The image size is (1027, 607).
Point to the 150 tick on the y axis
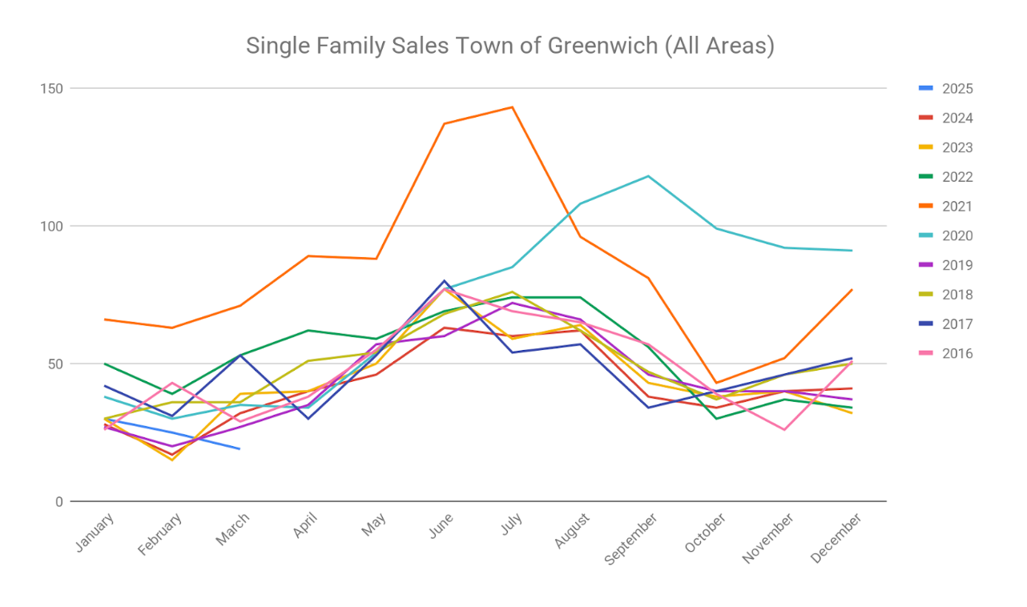pyautogui.click(x=52, y=88)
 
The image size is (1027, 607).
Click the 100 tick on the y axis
pyautogui.click(x=52, y=226)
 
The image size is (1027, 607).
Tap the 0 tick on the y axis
pyautogui.click(x=58, y=502)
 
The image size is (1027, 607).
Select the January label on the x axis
pyautogui.click(x=95, y=533)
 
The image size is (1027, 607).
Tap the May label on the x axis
pyautogui.click(x=374, y=525)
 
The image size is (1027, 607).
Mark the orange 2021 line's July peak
pyautogui.click(x=512, y=107)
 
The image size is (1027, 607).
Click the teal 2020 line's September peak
pyautogui.click(x=648, y=176)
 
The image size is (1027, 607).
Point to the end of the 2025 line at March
pyautogui.click(x=240, y=449)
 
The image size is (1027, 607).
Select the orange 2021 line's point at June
pyautogui.click(x=444, y=124)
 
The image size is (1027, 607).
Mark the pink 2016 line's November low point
pyautogui.click(x=784, y=430)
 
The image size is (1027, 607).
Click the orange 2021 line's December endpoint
pyautogui.click(x=852, y=290)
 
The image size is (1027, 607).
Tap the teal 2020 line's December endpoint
pyautogui.click(x=852, y=251)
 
